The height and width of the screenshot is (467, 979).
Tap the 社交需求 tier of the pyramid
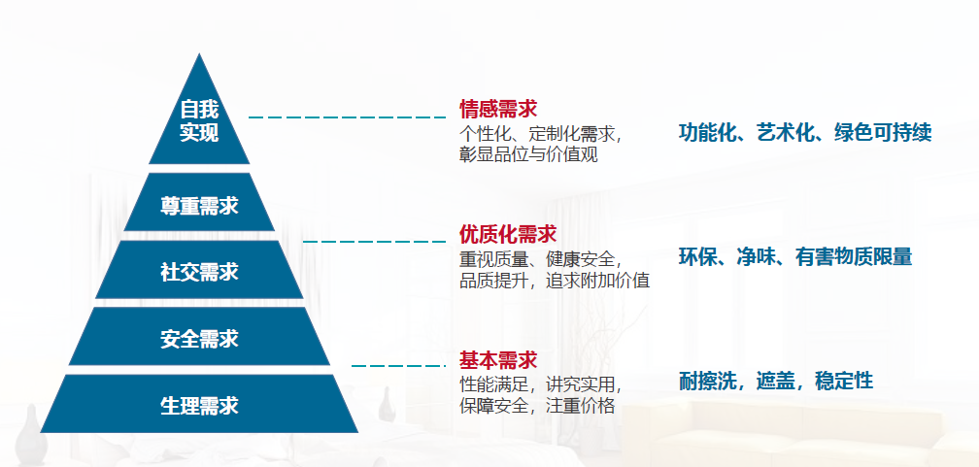[199, 270]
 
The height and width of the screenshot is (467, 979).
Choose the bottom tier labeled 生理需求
[199, 404]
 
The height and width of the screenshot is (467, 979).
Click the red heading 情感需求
[498, 110]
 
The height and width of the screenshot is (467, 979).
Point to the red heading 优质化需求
[508, 234]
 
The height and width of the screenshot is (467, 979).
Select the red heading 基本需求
[498, 360]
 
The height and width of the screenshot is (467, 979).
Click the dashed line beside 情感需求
[347, 117]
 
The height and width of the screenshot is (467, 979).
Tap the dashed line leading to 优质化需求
[374, 241]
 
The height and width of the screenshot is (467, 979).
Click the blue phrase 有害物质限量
[854, 256]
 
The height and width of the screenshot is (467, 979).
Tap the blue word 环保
[697, 256]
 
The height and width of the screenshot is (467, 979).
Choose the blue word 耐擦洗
[707, 381]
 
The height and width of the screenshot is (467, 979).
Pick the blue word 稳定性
[844, 381]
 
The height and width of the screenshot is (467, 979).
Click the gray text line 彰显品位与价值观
[528, 154]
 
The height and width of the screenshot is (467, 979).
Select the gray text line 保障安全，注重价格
[538, 405]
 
